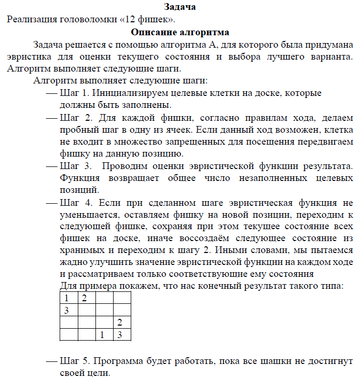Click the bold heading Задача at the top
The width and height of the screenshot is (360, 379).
(179, 7)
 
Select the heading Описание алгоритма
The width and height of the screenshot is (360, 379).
(180, 32)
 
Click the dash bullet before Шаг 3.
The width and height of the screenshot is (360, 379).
(51, 167)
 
